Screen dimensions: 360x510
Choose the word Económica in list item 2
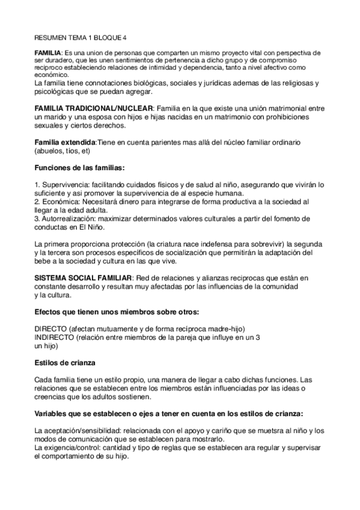pos(60,201)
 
